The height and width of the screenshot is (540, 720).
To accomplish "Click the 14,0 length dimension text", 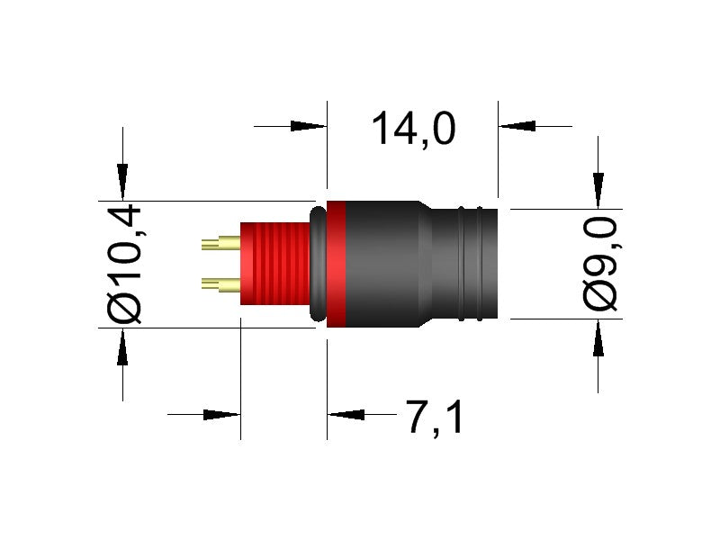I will point(413,129).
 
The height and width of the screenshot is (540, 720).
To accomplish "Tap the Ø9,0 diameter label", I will point(600,264).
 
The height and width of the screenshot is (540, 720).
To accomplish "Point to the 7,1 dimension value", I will point(435,418).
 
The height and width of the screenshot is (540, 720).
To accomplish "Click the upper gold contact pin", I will point(220,242).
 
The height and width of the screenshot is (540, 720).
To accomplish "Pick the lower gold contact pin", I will point(220,285).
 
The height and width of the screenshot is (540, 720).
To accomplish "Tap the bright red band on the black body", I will point(336,264).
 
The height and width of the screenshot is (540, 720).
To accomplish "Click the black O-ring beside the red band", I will point(318,264).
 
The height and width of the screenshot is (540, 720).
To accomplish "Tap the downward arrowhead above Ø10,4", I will point(122,181).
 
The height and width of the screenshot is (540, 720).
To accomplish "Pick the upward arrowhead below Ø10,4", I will point(122,346).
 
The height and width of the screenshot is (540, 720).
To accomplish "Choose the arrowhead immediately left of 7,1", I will point(346,415).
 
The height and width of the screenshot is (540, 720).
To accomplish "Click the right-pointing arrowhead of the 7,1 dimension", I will point(221,415).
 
